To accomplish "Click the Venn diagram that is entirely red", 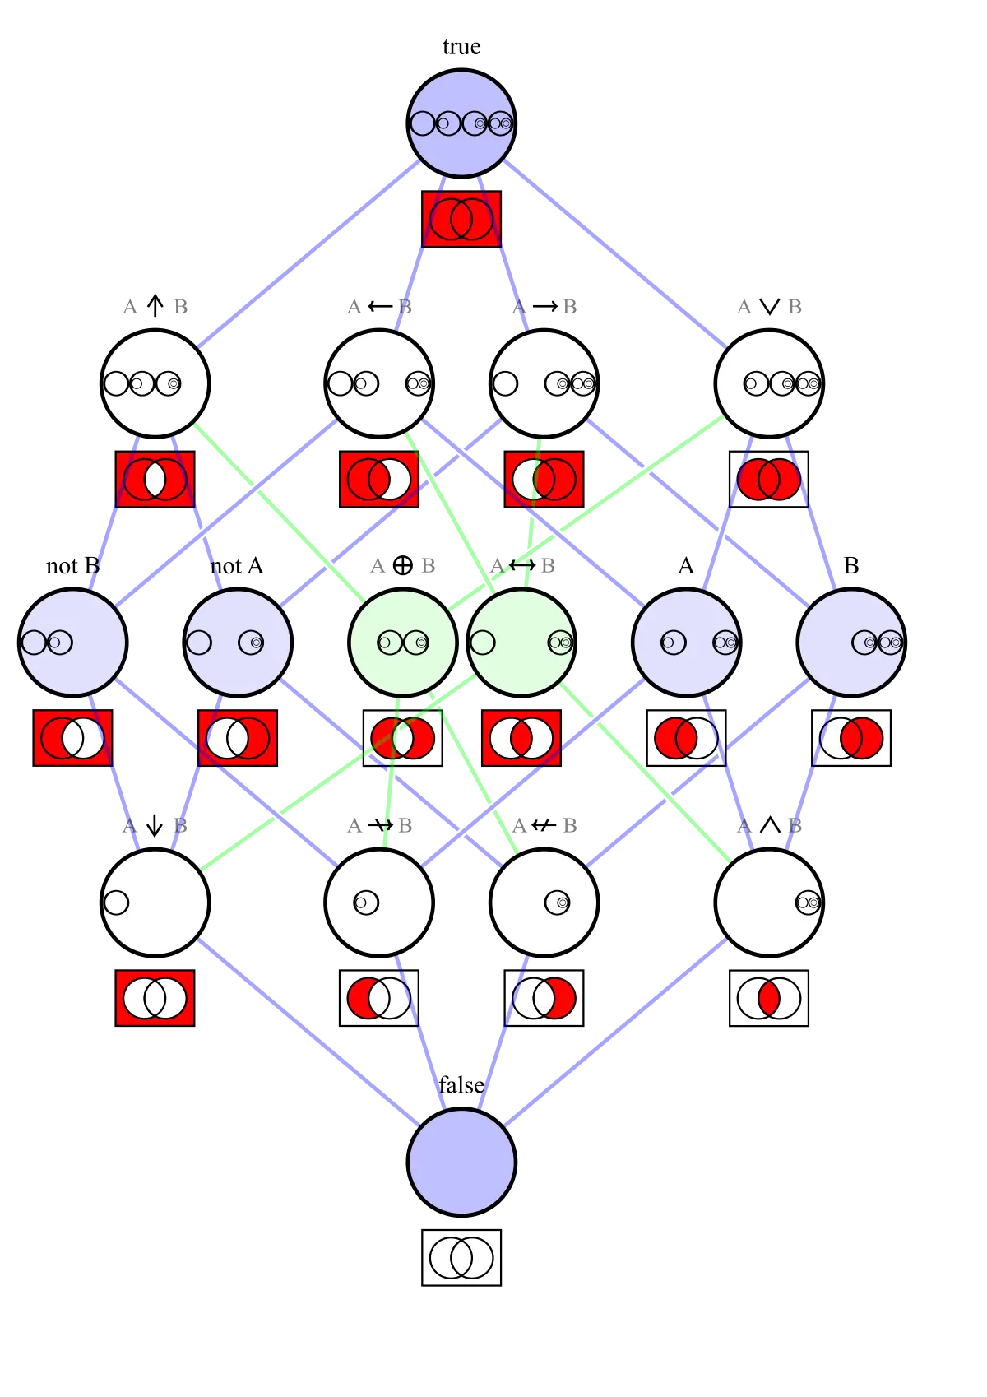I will (461, 219).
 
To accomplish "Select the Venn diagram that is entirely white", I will (461, 1257).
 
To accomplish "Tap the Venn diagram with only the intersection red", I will (769, 998).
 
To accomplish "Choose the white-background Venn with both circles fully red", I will (769, 479).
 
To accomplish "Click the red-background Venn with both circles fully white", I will (155, 998).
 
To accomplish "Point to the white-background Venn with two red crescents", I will (402, 738).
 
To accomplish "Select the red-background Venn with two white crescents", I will (521, 738).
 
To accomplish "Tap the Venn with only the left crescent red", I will (379, 998).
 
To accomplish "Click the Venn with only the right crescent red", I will (544, 998).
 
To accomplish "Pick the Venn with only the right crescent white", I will (379, 479).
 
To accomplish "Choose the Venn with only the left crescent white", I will (544, 479).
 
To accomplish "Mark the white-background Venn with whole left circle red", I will (686, 738).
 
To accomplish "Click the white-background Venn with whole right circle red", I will (851, 738).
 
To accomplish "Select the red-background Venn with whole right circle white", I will (72, 738).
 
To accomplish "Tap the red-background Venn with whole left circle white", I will (238, 738).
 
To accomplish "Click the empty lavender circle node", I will (461, 1162).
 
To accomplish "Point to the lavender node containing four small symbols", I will (461, 123).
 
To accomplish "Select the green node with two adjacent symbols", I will (402, 642).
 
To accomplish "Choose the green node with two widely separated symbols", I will (521, 642).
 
